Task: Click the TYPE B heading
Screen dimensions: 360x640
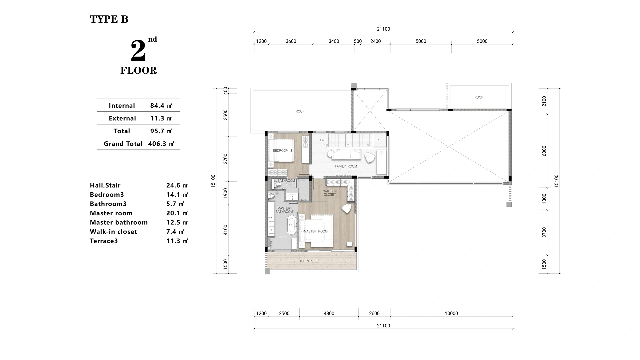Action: (x=109, y=19)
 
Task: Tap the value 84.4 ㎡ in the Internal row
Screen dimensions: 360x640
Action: (x=161, y=106)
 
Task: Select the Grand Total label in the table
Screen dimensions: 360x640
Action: (x=123, y=144)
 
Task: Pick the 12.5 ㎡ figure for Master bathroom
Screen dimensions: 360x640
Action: (x=177, y=222)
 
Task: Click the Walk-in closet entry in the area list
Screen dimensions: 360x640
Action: (x=113, y=232)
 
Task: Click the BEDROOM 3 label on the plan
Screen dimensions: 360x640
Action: (x=282, y=151)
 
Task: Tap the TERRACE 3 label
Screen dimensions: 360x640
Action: (x=308, y=261)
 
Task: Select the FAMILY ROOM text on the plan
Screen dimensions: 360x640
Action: (x=346, y=166)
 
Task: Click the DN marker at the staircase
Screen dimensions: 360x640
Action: (x=322, y=140)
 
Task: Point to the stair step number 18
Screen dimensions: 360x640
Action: (x=326, y=145)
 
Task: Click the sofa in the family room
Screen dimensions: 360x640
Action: (x=346, y=154)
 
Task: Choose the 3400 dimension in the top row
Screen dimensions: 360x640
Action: (x=334, y=41)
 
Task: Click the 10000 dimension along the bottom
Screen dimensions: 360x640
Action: (x=451, y=313)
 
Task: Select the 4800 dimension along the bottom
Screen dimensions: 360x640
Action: (x=329, y=313)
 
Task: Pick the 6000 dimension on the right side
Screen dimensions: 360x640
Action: (x=544, y=151)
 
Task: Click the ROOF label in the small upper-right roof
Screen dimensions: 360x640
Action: (x=479, y=97)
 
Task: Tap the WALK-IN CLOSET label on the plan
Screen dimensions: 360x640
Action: (x=330, y=193)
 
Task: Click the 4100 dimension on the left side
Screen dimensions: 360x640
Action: (x=226, y=230)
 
